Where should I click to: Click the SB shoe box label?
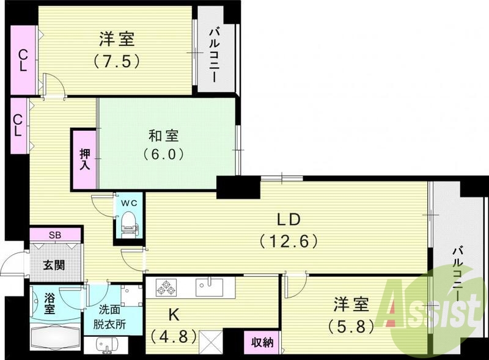pyautogui.click(x=54, y=234)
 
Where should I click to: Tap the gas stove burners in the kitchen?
pyautogui.click(x=167, y=285)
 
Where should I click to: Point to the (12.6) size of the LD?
pyautogui.click(x=289, y=241)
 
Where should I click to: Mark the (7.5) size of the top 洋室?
pyautogui.click(x=117, y=61)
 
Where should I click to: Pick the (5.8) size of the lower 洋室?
pyautogui.click(x=350, y=326)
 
